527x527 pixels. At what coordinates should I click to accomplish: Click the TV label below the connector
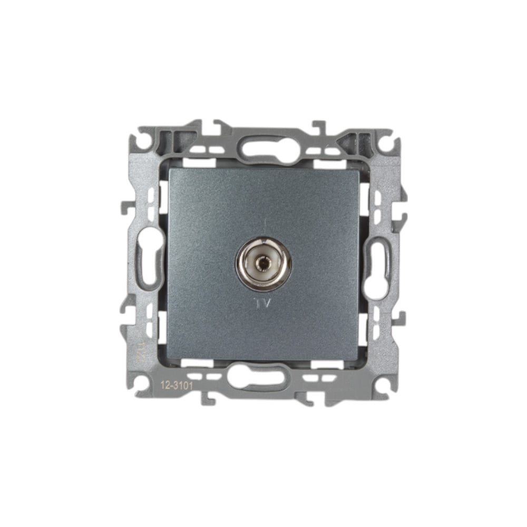pos(263,304)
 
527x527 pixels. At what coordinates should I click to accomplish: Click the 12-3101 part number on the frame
pos(177,385)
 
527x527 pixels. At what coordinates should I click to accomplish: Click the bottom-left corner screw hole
pos(143,381)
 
